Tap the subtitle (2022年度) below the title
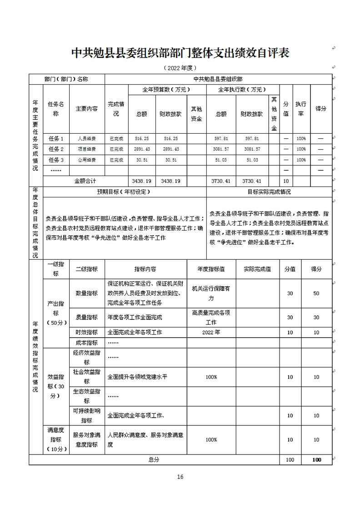(x=180, y=68)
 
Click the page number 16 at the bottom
(x=180, y=477)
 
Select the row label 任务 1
(x=56, y=138)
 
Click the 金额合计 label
(x=86, y=181)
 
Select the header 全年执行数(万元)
(x=243, y=90)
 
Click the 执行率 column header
(x=300, y=109)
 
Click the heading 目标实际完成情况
(x=269, y=192)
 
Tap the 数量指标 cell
(x=86, y=293)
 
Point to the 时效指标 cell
(x=86, y=333)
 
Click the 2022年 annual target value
(x=211, y=333)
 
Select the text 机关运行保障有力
(x=211, y=293)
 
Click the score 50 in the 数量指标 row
(x=316, y=293)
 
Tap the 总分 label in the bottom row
(x=154, y=460)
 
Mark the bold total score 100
(x=316, y=460)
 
